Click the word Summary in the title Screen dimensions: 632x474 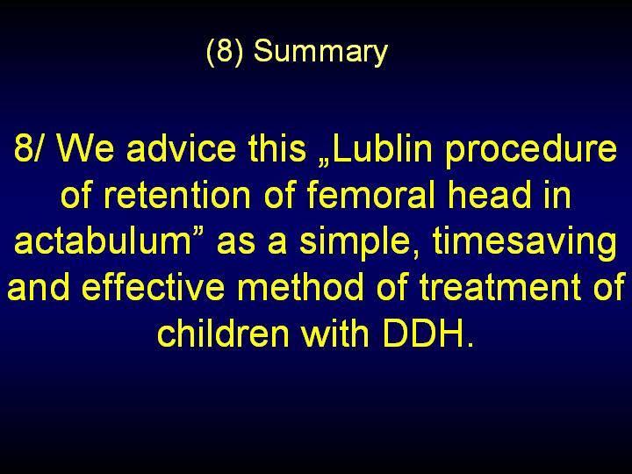[x=320, y=52]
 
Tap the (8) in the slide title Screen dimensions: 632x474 [x=225, y=52]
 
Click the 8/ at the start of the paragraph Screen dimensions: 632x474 [x=27, y=147]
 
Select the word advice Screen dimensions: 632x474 [x=181, y=147]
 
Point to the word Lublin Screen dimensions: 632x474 [x=382, y=147]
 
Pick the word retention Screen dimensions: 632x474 [x=177, y=195]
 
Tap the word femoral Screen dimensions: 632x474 [x=371, y=194]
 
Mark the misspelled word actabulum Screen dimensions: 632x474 [x=103, y=241]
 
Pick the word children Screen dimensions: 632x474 [x=223, y=333]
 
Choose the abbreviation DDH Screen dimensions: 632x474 [x=424, y=334]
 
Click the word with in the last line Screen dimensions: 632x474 [x=335, y=333]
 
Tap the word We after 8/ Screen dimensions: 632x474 [x=85, y=148]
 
